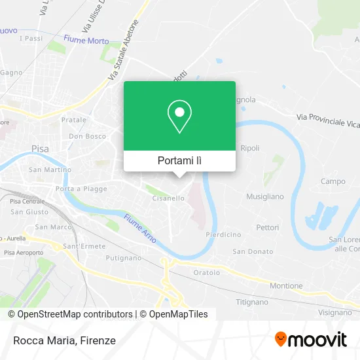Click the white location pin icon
(179, 117)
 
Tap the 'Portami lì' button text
(179, 160)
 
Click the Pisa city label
(39, 149)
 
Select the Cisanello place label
(168, 197)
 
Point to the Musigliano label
(265, 196)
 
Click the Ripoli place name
(250, 148)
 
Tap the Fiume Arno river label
(140, 228)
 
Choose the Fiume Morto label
(86, 40)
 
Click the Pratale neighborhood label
(73, 120)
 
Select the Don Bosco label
(86, 137)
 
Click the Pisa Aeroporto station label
(24, 253)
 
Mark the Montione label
(286, 285)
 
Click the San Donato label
(252, 251)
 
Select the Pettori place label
(268, 228)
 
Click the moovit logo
(310, 339)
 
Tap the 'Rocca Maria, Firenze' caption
(63, 340)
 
